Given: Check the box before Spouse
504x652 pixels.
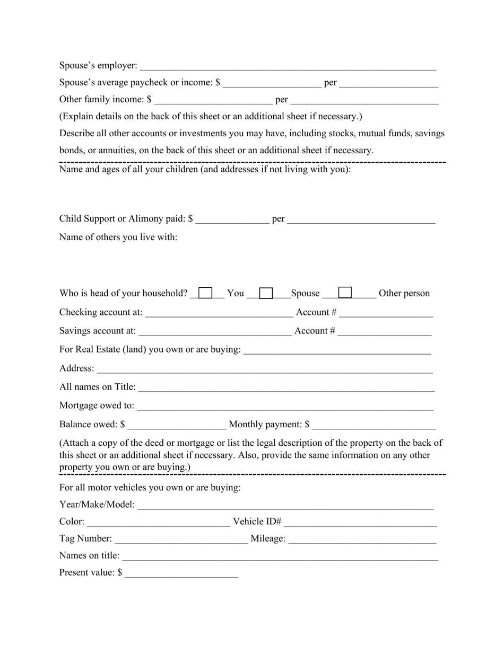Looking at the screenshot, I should tap(266, 293).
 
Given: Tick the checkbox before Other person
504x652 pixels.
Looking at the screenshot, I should tap(345, 293).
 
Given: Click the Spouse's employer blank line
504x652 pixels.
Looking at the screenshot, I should tap(288, 66).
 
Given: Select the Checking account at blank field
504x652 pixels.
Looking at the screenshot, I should tap(219, 312).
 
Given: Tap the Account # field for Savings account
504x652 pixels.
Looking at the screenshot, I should tap(384, 331).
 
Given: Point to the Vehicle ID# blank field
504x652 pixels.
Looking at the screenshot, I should tap(360, 522).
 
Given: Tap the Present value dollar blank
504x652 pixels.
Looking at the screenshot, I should tap(182, 573).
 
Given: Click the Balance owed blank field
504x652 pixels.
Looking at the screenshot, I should tap(177, 425).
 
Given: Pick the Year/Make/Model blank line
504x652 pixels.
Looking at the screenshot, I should tap(285, 505).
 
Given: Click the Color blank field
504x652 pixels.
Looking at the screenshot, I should tap(158, 522).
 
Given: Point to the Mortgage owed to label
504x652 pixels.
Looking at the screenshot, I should tap(97, 406).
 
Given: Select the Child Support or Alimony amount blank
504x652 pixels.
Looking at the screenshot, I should tap(232, 219).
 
